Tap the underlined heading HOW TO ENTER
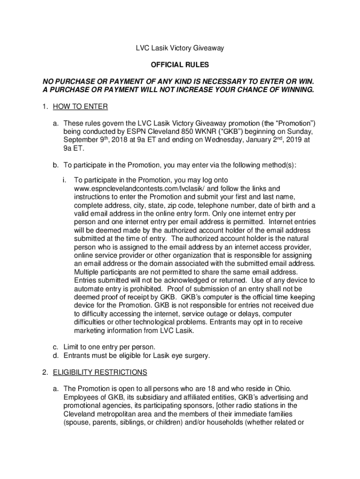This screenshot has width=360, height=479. (x=80, y=107)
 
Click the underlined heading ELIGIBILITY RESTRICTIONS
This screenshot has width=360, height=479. (x=100, y=372)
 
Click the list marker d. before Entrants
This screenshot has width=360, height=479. (x=55, y=356)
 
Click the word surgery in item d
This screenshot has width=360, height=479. (x=196, y=356)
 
